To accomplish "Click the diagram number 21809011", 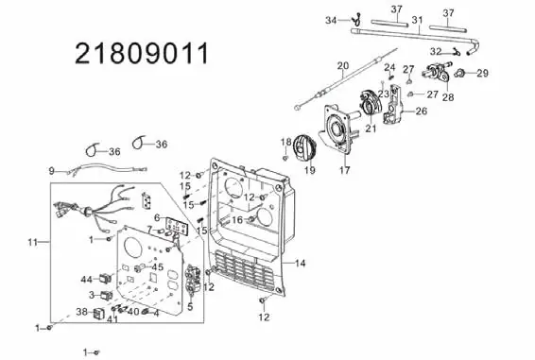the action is [141, 54].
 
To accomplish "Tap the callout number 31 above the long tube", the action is [417, 20].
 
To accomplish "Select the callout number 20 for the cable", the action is [343, 65].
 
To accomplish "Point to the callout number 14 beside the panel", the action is [300, 263].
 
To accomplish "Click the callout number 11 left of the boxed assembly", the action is [32, 242].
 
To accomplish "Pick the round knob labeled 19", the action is [304, 146].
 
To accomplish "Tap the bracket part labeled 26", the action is [393, 105].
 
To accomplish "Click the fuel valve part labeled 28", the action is [438, 72].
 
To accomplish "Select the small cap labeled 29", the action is [460, 73].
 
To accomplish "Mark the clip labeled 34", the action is [357, 20].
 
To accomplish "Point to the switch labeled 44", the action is [106, 279].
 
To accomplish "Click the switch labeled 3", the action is [106, 295].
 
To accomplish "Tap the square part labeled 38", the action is [98, 314].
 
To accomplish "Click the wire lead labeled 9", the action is [108, 169].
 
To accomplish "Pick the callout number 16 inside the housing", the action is [237, 220].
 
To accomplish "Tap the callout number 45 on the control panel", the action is [157, 266].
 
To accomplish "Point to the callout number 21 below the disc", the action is [371, 129].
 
